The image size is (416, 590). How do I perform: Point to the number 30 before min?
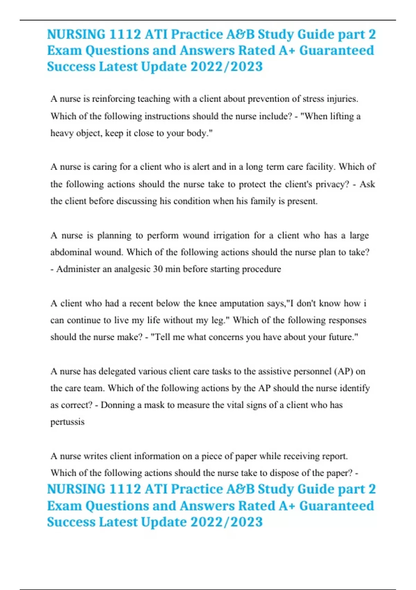pos(158,269)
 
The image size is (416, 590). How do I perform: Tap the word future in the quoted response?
pos(341,337)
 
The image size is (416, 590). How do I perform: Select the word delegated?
pos(117,372)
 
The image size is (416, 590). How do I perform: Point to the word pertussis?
pos(67,422)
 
